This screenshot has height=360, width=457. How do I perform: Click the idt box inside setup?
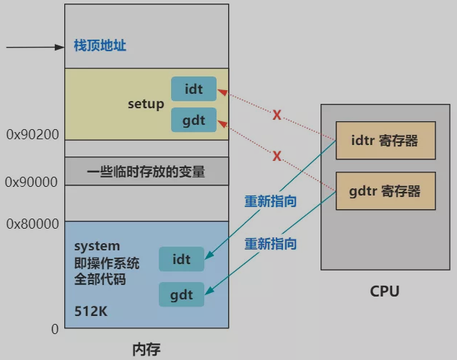point(193,89)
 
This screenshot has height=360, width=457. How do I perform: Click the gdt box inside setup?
point(193,120)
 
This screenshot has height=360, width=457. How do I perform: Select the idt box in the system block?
point(181,259)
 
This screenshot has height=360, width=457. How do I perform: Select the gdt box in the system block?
point(181,294)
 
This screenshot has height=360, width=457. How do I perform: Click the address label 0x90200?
point(32,135)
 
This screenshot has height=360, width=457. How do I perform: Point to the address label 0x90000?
point(32,183)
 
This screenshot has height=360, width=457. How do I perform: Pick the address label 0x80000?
point(32,224)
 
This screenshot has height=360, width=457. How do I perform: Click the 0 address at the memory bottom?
point(54,330)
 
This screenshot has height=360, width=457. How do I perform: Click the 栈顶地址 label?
point(100,45)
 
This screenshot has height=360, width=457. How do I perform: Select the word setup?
point(146,104)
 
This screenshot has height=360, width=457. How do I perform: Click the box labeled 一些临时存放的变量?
point(146,172)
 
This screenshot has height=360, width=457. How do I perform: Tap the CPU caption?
point(384,291)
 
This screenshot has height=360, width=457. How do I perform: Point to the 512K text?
point(90,312)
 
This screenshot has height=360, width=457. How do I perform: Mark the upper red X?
point(277,115)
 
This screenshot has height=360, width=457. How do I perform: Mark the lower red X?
point(277,156)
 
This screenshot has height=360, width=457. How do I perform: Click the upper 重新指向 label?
point(270,201)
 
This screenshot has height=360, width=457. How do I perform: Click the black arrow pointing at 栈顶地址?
point(36,48)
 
